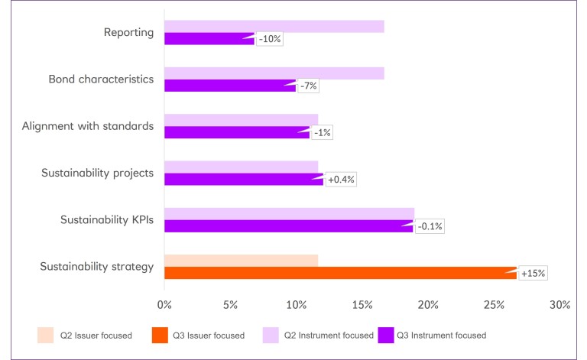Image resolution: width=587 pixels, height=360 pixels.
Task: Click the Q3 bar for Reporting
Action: (209, 39)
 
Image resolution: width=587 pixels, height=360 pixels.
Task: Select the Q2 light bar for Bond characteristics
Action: (274, 73)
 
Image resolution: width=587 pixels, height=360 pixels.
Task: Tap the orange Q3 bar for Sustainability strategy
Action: (340, 273)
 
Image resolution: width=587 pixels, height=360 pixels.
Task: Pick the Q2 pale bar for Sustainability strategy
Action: (241, 261)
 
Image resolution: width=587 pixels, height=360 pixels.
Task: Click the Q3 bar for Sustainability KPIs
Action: (288, 226)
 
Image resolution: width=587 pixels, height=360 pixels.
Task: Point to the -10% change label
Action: (269, 39)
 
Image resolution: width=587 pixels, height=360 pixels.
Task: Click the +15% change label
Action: (533, 273)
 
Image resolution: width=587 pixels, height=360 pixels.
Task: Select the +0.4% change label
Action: (342, 180)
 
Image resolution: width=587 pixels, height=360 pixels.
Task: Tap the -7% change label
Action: (307, 86)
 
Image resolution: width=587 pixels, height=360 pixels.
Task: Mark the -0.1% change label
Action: (430, 226)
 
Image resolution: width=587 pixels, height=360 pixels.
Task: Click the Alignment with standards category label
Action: (88, 125)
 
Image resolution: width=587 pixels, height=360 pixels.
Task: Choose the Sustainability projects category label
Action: (97, 173)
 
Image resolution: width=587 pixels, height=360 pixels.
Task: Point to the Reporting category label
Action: (128, 32)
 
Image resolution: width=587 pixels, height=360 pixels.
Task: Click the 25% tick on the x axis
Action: (494, 304)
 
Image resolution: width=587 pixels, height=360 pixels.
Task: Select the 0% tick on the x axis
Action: (164, 304)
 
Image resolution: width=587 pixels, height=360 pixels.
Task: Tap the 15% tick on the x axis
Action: (362, 304)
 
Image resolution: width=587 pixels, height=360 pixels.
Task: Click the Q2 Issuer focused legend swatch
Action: (46, 335)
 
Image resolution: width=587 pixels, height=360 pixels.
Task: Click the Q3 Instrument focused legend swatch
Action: (387, 335)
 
